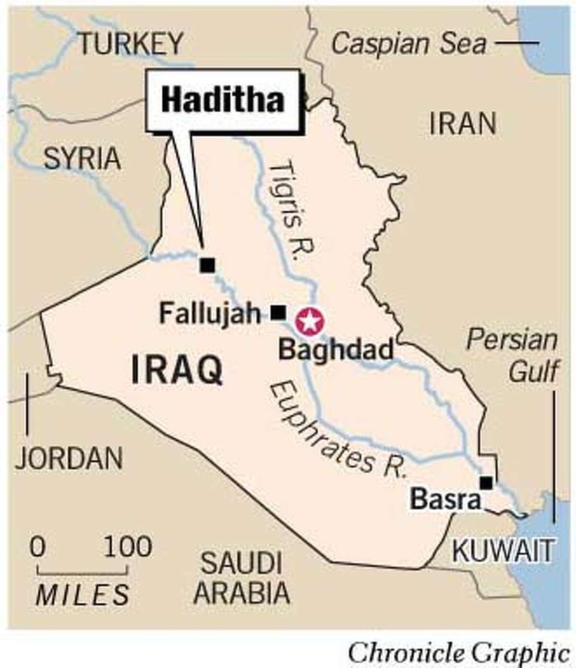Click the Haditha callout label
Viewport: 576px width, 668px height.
223,100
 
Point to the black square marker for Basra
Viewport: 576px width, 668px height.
486,482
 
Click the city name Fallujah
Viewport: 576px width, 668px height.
210,314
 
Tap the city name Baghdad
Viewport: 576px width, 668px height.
336,349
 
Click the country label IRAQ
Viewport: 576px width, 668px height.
177,370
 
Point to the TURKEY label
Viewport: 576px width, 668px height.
131,44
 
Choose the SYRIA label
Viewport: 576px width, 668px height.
82,159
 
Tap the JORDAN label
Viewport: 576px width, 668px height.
69,458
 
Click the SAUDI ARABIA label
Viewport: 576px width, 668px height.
241,577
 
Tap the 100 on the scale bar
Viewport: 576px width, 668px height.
128,546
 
